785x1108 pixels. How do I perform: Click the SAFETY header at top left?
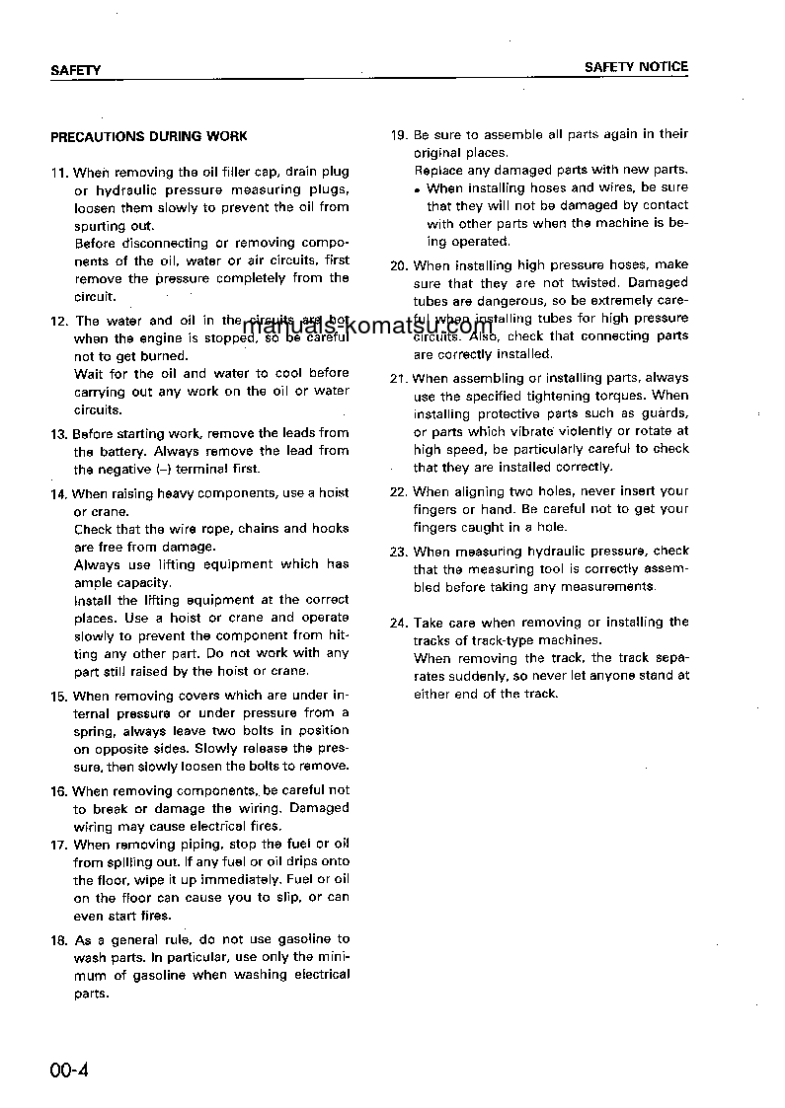point(75,70)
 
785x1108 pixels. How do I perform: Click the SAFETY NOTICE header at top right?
point(636,67)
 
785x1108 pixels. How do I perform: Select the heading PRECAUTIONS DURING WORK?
point(149,136)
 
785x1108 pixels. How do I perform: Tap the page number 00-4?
point(69,1071)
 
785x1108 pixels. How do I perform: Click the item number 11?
point(59,173)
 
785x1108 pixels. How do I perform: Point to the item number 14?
point(59,493)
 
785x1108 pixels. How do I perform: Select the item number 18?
point(59,939)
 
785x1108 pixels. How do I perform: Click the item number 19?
point(399,134)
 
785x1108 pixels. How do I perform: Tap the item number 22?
point(399,491)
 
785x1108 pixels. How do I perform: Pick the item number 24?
point(399,623)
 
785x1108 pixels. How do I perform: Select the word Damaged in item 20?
point(658,283)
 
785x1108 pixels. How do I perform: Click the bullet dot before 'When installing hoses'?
point(419,189)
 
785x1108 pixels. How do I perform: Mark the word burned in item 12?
point(162,355)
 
